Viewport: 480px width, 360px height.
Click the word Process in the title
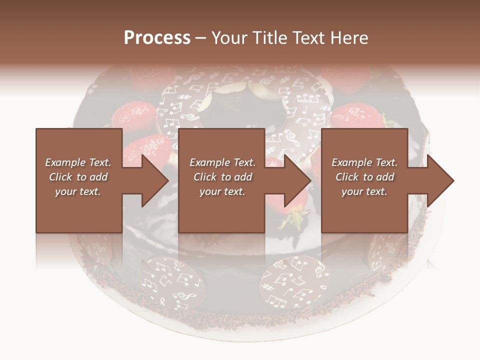coord(157,38)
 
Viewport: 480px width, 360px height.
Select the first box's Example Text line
coord(78,162)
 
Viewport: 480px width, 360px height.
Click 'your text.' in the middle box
coord(222,191)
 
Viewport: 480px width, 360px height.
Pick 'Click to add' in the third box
coord(364,177)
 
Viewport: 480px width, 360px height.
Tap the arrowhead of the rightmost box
coord(441,180)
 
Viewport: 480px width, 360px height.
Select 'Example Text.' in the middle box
coord(222,162)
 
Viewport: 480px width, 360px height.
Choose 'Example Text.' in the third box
coord(364,162)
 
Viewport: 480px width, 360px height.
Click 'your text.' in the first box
coord(78,191)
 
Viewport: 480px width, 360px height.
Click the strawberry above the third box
coord(357,117)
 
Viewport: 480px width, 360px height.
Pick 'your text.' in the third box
coord(364,191)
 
